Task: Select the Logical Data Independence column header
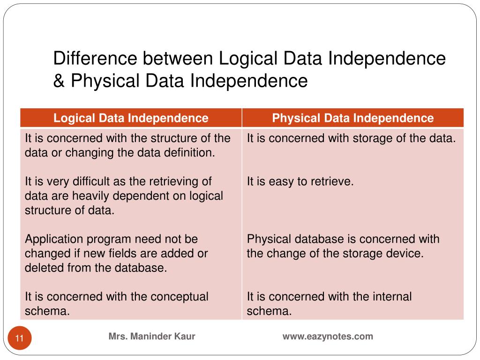[131, 118]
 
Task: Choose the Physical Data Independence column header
[353, 118]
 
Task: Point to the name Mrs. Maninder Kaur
[152, 336]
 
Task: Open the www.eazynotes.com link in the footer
[328, 336]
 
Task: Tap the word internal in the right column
[392, 297]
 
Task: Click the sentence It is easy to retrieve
[300, 181]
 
